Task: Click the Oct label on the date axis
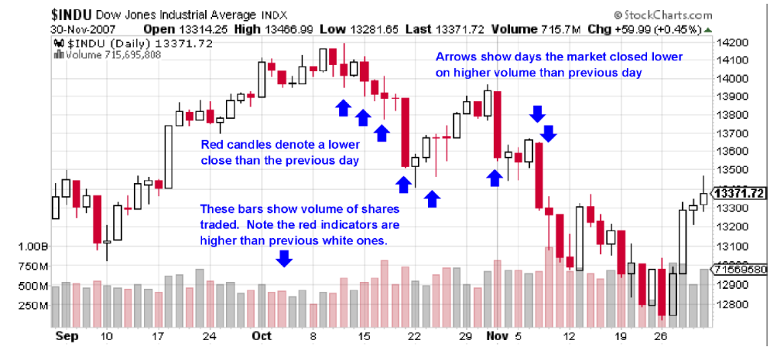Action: point(263,335)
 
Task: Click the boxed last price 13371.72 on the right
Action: point(740,193)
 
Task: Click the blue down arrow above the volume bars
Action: point(284,258)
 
